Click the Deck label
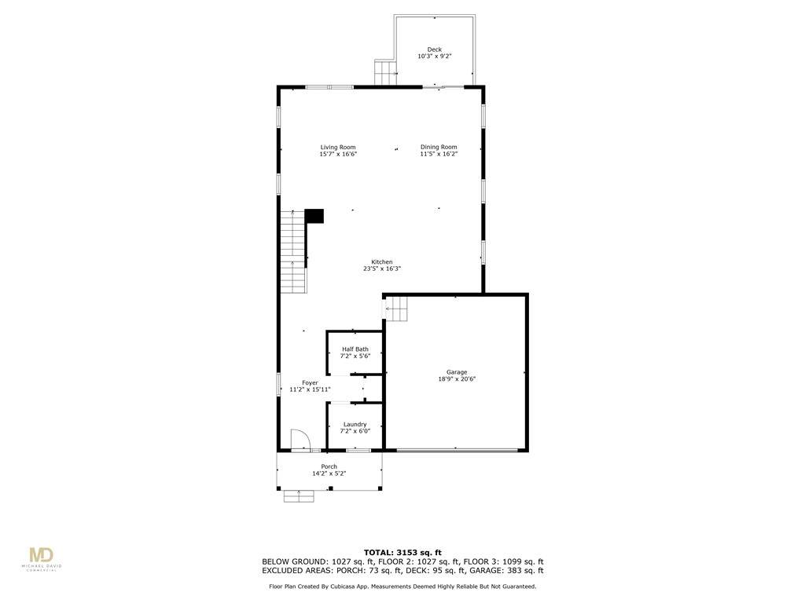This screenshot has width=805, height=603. [434, 49]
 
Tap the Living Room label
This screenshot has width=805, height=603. [338, 147]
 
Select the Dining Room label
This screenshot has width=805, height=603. [439, 147]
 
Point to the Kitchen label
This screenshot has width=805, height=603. [382, 262]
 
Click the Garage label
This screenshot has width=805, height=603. [457, 372]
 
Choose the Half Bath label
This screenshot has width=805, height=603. [355, 349]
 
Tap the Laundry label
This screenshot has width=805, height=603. [355, 425]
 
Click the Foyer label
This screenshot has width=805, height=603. [310, 383]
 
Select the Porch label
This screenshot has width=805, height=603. [329, 466]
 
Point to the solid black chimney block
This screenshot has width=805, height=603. [314, 216]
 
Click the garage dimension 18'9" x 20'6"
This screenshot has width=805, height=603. [457, 379]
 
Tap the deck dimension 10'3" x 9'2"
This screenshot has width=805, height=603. [434, 57]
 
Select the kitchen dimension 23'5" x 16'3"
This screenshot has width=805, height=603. [382, 269]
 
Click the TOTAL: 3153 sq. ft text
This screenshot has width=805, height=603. [402, 552]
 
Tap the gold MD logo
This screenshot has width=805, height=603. [41, 555]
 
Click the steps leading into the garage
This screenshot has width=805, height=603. [396, 309]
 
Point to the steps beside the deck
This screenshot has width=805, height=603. [385, 73]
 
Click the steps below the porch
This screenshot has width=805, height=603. [299, 496]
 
